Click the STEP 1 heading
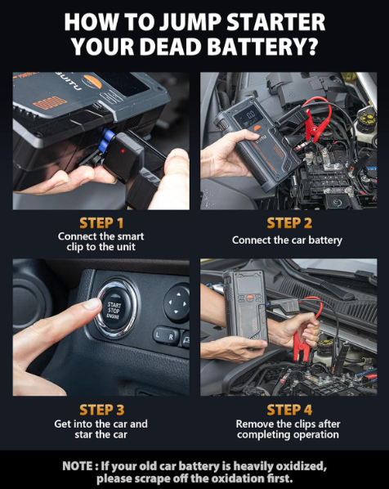click(x=101, y=223)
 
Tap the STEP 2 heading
click(x=289, y=223)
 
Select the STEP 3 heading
click(x=102, y=410)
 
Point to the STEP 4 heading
click(x=289, y=410)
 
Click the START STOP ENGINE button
click(x=114, y=308)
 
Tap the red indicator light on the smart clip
click(x=123, y=151)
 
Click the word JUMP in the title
click(x=191, y=22)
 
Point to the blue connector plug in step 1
click(x=108, y=139)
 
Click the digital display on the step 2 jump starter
click(x=248, y=116)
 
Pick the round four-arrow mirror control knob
click(x=177, y=303)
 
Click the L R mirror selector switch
click(x=166, y=336)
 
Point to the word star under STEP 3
click(x=83, y=434)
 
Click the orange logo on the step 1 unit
click(x=92, y=82)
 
